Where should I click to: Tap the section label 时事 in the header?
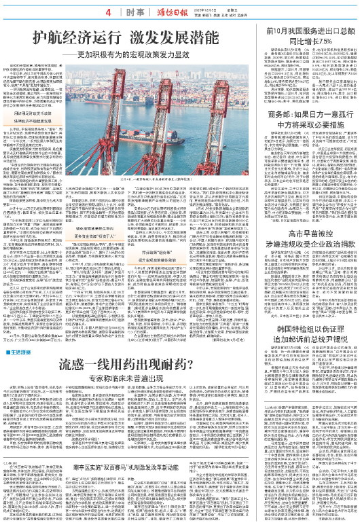coord(132,12)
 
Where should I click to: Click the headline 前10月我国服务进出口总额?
coord(312,33)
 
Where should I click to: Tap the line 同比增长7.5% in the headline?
coord(312,43)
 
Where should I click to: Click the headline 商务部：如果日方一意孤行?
coord(312,134)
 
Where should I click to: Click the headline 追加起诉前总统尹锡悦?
coord(312,360)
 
